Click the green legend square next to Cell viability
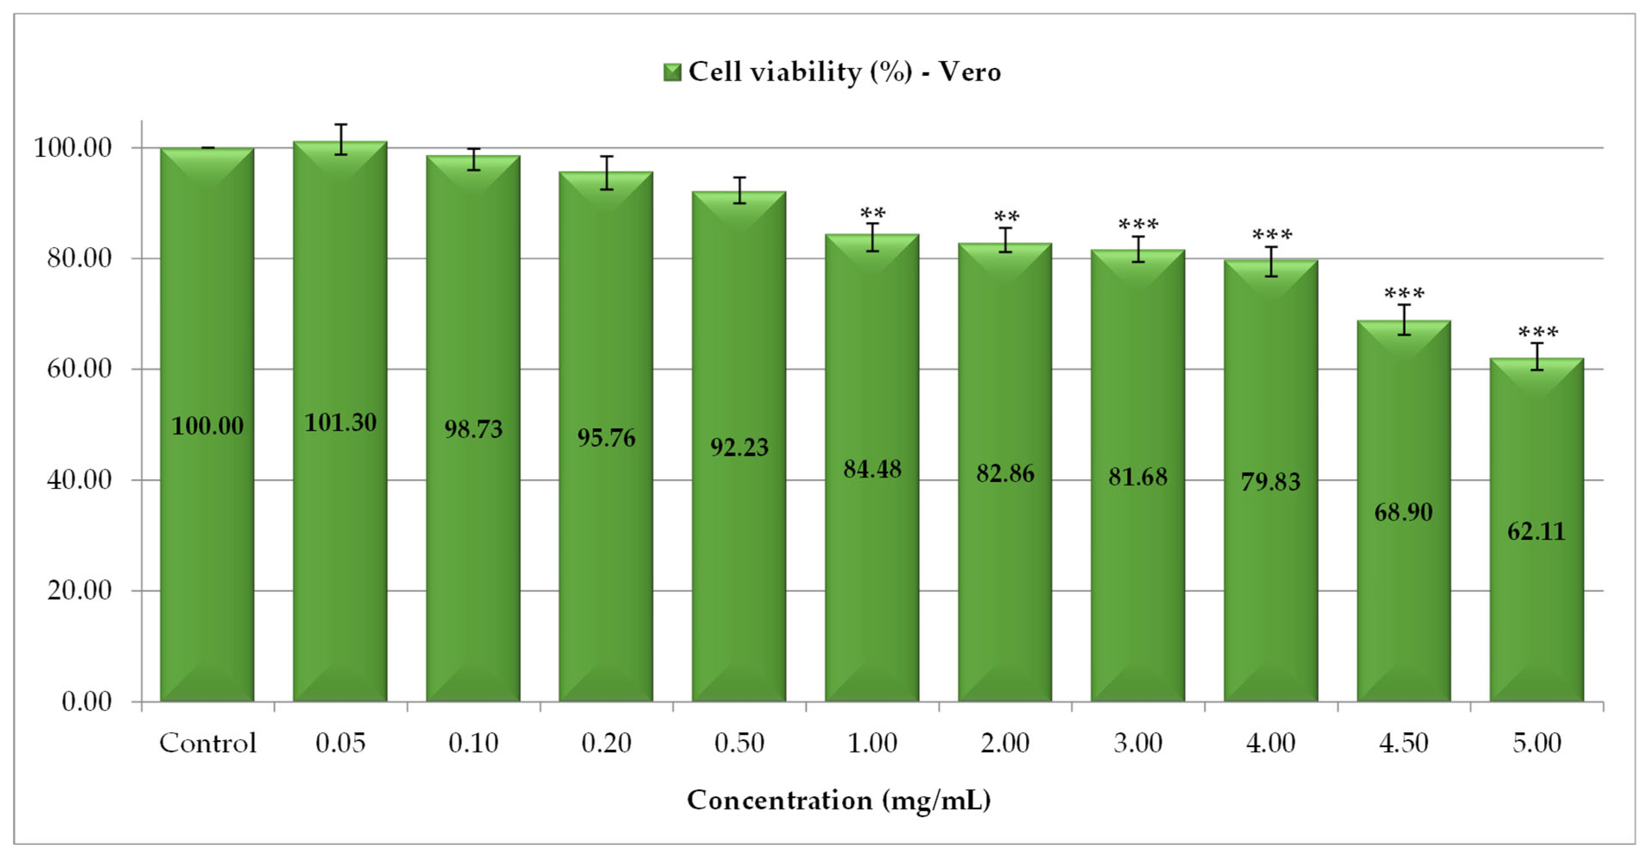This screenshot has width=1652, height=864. [671, 72]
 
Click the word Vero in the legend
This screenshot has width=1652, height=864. [969, 72]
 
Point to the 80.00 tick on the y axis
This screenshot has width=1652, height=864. [79, 258]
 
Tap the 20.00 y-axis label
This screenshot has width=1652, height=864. [79, 590]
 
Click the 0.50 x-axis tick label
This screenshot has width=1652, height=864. [739, 743]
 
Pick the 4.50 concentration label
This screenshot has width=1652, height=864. [1403, 743]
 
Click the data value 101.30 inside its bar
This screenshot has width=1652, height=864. [340, 422]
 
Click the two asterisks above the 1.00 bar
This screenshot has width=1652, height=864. [872, 212]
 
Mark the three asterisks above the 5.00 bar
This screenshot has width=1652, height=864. [1537, 332]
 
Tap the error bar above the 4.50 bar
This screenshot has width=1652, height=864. [1404, 319]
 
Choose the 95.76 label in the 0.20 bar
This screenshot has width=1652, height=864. [606, 438]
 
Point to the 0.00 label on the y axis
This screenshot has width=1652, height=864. [87, 702]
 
